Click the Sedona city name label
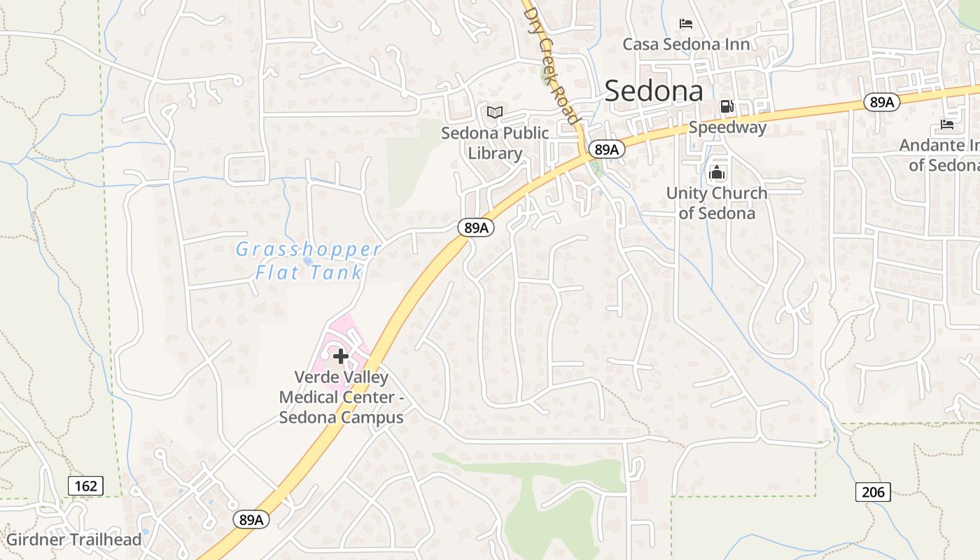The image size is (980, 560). (654, 91)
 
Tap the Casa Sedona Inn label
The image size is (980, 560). (686, 45)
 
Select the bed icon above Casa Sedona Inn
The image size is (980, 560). (686, 24)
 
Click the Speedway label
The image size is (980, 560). (727, 127)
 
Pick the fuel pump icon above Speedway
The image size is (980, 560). (727, 106)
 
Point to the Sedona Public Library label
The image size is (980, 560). (495, 143)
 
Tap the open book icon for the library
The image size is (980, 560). (495, 112)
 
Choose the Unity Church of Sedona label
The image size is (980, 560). (717, 203)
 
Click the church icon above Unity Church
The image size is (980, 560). (717, 172)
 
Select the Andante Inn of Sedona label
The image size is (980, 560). (942, 155)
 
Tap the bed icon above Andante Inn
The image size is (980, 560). (947, 125)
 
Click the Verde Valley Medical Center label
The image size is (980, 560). (341, 397)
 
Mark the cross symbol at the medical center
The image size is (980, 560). (341, 356)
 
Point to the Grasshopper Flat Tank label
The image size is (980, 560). (308, 260)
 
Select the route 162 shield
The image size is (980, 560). (86, 485)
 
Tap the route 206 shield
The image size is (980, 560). (873, 491)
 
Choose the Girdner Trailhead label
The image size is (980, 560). (73, 540)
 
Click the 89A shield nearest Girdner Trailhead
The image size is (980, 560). (251, 519)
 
